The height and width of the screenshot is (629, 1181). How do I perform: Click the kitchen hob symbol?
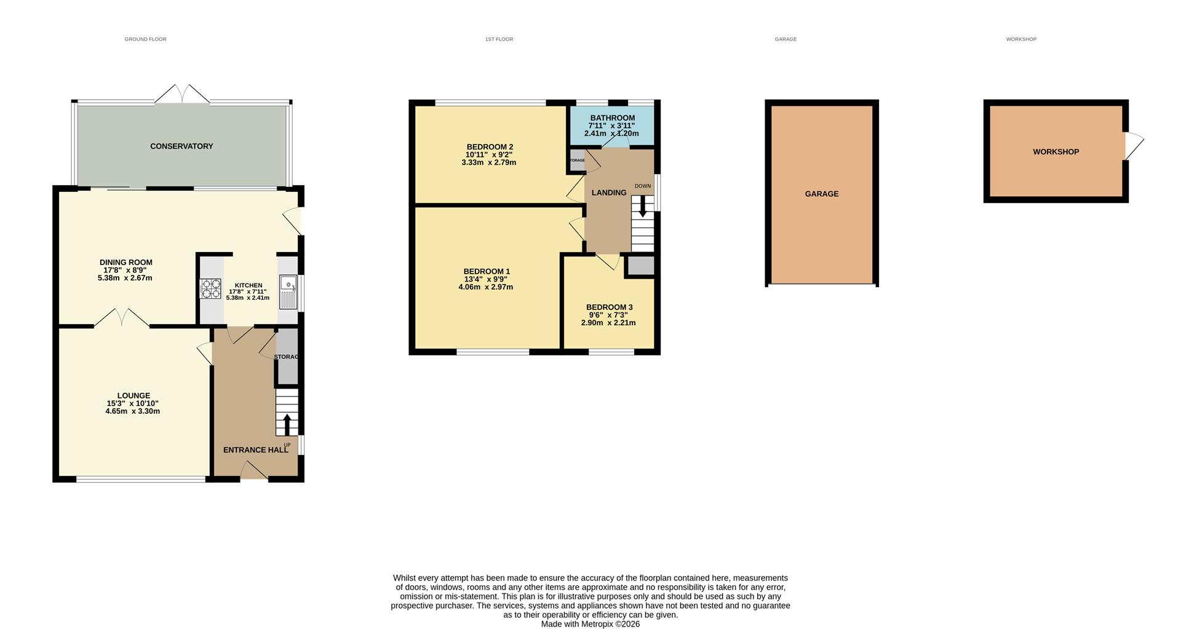[210, 289]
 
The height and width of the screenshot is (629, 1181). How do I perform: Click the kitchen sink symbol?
[288, 293]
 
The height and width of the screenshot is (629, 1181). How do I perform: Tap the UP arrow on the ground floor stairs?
[287, 425]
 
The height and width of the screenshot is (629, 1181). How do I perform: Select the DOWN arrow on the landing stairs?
[642, 207]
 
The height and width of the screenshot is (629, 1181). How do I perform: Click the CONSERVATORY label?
[181, 146]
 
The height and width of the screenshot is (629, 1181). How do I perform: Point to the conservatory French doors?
[182, 94]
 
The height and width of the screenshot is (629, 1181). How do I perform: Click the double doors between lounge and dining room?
[122, 318]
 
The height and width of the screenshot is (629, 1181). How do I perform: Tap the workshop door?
[1134, 146]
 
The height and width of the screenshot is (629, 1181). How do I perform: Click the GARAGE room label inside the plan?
[821, 194]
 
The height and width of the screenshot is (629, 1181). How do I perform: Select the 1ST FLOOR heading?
[499, 39]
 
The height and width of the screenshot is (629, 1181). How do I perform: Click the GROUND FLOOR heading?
[145, 39]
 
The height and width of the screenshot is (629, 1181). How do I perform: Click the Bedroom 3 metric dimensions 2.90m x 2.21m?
[608, 323]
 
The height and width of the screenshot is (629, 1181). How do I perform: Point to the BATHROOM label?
[612, 118]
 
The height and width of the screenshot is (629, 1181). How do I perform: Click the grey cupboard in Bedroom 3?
[640, 266]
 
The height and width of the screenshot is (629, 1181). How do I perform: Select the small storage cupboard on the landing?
[576, 160]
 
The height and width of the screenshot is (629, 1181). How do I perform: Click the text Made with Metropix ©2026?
[590, 623]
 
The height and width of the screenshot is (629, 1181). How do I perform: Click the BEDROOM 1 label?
[486, 271]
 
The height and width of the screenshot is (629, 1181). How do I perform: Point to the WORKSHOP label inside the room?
[1056, 152]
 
